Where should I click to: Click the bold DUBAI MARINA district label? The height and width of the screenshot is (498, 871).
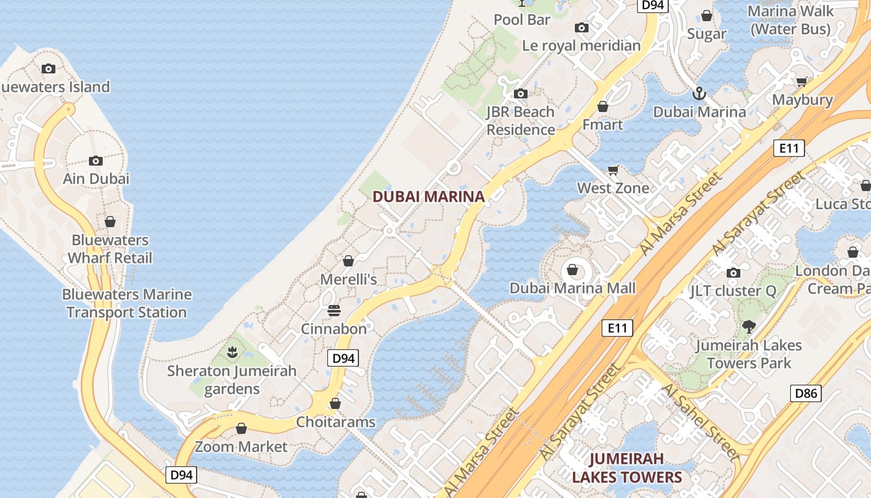click(x=428, y=197)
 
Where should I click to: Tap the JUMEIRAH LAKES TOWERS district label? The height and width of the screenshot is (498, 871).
click(x=626, y=468)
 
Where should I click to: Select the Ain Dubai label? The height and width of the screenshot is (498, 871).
click(x=96, y=179)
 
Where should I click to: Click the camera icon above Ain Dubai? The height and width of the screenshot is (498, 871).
click(x=96, y=161)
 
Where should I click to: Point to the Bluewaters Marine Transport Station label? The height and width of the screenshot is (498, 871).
click(x=127, y=303)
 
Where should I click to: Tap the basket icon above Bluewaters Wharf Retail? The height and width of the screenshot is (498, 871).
click(x=110, y=222)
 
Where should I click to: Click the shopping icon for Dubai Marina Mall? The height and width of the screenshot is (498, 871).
click(x=572, y=270)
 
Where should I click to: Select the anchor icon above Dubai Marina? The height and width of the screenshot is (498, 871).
click(x=699, y=94)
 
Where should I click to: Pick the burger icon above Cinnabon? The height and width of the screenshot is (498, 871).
click(x=334, y=310)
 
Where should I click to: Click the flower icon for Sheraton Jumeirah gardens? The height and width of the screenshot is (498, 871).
click(x=232, y=352)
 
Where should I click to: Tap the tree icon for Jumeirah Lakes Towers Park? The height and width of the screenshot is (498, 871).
click(x=749, y=326)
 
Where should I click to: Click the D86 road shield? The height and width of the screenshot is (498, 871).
click(x=806, y=393)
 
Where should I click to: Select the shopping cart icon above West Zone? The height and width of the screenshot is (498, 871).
click(x=613, y=170)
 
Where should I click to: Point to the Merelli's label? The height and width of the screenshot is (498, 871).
click(x=348, y=280)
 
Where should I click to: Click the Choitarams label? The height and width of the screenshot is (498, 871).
click(x=335, y=422)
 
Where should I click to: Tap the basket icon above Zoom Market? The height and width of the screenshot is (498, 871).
click(x=241, y=428)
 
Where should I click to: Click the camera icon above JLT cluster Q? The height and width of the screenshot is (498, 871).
click(x=734, y=273)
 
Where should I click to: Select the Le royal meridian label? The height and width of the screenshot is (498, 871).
click(x=581, y=45)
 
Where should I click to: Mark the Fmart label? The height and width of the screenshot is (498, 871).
click(x=602, y=125)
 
